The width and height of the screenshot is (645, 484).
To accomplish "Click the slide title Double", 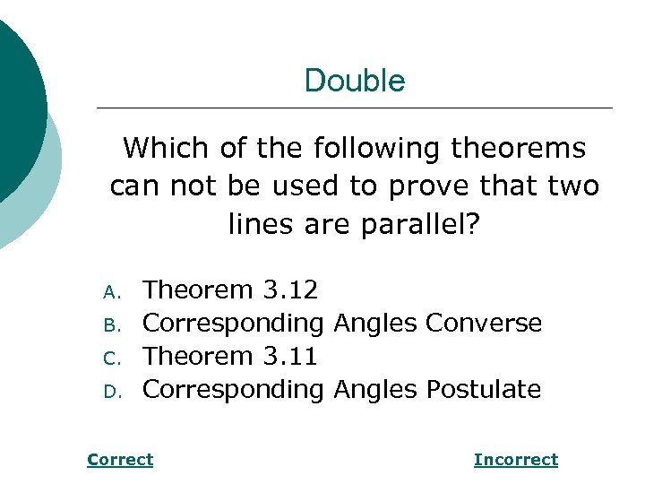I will [x=355, y=81].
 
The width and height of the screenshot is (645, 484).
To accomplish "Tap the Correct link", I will [x=120, y=460].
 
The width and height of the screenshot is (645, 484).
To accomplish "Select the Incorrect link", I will [x=515, y=460].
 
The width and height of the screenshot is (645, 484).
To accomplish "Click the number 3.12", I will [x=290, y=290].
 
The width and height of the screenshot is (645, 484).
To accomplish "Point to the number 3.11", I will [x=290, y=356].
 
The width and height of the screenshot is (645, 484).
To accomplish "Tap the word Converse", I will [x=484, y=323].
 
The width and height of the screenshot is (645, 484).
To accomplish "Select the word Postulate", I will [x=484, y=389].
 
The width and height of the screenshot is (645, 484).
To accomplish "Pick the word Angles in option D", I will [x=375, y=389].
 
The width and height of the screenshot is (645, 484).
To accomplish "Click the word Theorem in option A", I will [x=199, y=290].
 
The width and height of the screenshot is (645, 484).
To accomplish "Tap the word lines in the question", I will [x=257, y=224].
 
